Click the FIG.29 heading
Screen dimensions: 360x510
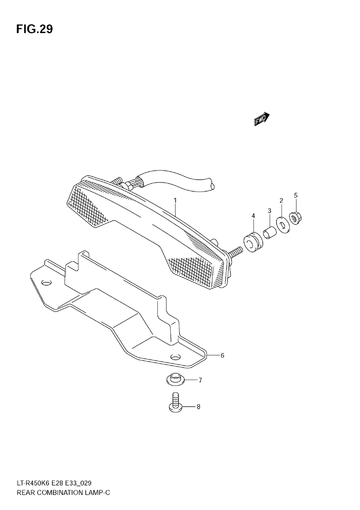[35, 30]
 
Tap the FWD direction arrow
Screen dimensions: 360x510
[261, 119]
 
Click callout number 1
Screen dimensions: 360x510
[175, 200]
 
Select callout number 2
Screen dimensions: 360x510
[282, 200]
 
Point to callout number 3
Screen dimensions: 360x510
[269, 211]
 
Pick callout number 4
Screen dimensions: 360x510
[253, 216]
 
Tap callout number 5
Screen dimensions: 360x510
[296, 195]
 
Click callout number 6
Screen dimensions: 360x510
[222, 355]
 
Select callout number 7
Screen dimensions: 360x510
[200, 380]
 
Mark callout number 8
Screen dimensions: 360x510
[198, 407]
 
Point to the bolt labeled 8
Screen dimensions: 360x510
[175, 403]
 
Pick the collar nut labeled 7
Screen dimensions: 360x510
[175, 379]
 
